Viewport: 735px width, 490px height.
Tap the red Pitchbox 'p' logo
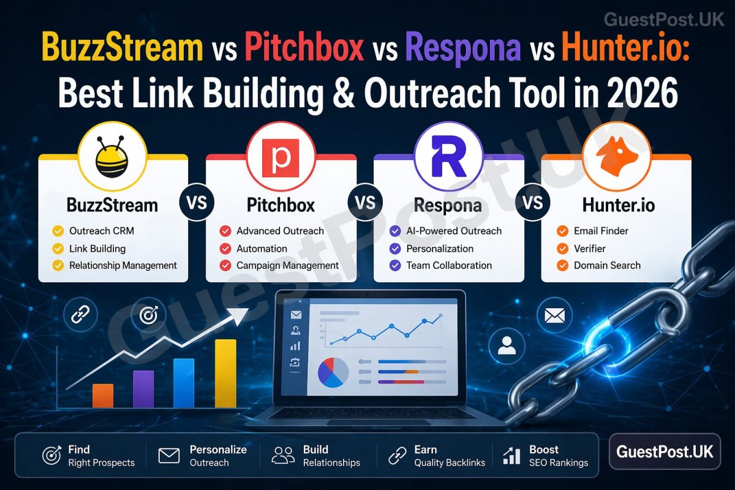pos(281,158)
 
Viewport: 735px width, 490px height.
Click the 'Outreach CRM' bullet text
pos(101,231)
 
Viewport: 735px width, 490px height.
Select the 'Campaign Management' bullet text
pos(287,265)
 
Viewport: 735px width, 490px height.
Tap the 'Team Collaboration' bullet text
pos(449,265)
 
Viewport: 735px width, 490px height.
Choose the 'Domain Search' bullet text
pos(607,265)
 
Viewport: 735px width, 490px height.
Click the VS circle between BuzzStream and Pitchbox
pos(197,203)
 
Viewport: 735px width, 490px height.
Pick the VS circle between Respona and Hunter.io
pos(532,203)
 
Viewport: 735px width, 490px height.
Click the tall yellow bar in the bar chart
pos(225,373)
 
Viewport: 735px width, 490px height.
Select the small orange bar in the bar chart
pos(103,396)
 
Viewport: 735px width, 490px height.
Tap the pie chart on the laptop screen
pos(333,372)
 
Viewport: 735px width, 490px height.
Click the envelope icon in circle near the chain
pos(554,316)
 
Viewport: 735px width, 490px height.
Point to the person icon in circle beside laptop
pos(507,347)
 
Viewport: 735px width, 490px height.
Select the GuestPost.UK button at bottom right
pos(665,452)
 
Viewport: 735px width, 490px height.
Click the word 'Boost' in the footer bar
pos(543,449)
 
